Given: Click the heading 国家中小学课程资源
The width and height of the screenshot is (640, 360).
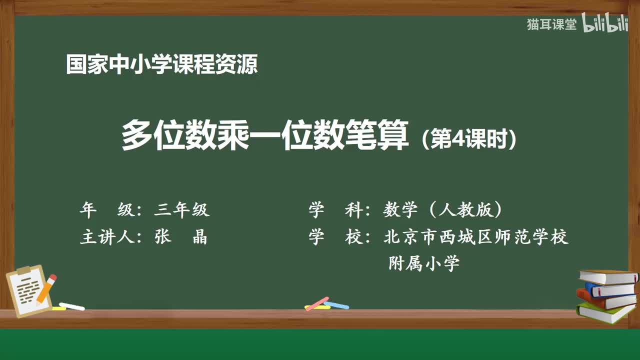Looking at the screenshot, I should (161, 64).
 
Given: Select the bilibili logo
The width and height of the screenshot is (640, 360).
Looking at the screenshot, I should (604, 25).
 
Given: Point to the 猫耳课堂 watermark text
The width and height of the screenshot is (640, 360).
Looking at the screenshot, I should (551, 24).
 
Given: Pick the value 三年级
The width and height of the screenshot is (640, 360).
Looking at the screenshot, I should (181, 210).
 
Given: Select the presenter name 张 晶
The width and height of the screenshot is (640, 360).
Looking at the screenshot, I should (180, 237).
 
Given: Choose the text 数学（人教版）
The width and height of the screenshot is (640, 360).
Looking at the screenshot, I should (442, 210).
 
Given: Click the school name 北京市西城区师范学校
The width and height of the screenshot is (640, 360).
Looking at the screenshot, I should (476, 237).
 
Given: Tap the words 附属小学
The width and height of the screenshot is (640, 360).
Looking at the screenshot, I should (424, 263).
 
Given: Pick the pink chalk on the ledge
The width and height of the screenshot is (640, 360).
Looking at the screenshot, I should (317, 303).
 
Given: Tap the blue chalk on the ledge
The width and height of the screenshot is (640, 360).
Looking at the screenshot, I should (336, 304).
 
